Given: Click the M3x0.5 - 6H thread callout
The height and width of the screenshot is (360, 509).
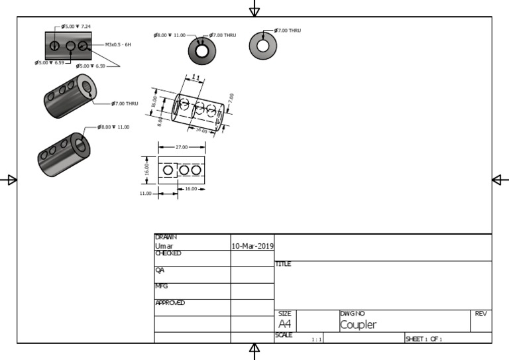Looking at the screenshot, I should [x=118, y=44].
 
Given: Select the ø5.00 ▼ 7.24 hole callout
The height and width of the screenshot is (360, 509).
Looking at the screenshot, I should [x=76, y=27].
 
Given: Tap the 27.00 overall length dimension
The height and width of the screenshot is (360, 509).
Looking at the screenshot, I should [x=180, y=147].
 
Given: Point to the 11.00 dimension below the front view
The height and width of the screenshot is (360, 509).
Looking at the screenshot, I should [x=145, y=194].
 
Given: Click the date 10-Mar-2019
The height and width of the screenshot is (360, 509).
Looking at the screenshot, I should [x=252, y=246].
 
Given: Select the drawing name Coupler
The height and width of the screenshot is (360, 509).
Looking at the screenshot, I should [x=358, y=325].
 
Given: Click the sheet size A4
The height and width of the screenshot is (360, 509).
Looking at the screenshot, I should [x=284, y=324].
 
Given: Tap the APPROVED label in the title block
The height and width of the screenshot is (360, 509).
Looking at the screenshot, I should [x=170, y=303].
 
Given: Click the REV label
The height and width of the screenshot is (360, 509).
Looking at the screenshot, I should [x=481, y=313].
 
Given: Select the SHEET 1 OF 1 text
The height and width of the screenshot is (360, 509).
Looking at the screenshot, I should [x=423, y=339].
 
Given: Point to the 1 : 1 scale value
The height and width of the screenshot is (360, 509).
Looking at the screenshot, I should [x=317, y=339].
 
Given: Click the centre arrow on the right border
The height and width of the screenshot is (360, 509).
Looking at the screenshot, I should [x=499, y=180].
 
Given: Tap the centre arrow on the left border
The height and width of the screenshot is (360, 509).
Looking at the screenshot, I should [x=10, y=180].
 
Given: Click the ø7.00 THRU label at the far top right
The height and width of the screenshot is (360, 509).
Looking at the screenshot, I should [x=288, y=30].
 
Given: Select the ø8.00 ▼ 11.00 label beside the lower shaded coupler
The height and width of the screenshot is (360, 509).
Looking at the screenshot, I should [x=114, y=127].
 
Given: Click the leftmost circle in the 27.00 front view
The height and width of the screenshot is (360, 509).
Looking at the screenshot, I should [x=168, y=170].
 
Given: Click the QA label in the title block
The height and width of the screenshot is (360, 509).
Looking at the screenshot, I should [x=159, y=270].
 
